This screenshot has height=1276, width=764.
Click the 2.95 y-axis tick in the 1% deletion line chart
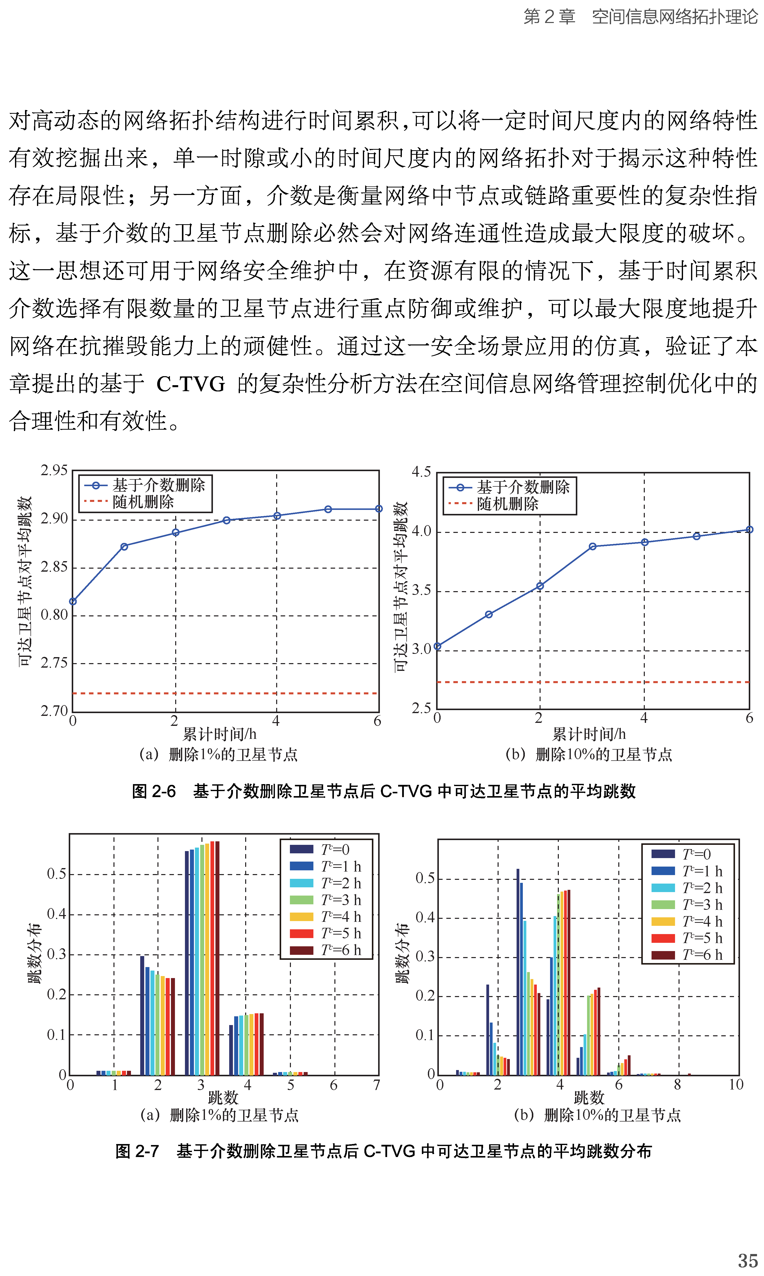pyautogui.click(x=54, y=470)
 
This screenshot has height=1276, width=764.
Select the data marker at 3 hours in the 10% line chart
pyautogui.click(x=593, y=547)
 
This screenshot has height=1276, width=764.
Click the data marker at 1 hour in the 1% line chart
pyautogui.click(x=124, y=547)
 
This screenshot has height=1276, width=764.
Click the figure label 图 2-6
pyautogui.click(x=153, y=791)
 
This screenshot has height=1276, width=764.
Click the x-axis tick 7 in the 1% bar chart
pyautogui.click(x=377, y=1085)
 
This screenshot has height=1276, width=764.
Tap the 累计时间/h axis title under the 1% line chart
pyautogui.click(x=220, y=734)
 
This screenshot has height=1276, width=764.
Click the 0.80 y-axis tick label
pyautogui.click(x=54, y=615)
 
